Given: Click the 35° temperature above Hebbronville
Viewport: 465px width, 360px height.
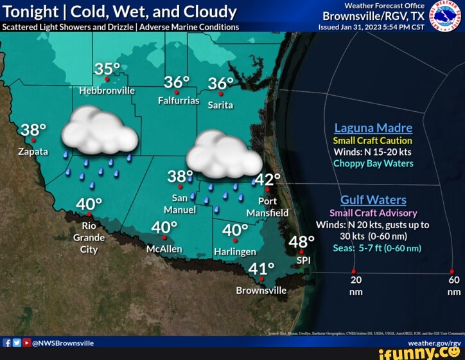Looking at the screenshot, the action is [107, 69].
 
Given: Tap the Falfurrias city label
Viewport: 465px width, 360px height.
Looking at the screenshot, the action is [179, 101].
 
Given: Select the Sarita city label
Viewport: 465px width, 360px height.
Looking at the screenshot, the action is [220, 104].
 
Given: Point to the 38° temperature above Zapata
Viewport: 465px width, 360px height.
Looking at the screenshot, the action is [33, 130].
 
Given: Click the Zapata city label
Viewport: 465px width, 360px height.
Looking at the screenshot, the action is [33, 152].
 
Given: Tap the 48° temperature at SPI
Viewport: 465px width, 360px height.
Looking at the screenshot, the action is [302, 242].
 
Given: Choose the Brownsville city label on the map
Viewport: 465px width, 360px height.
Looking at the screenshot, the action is [261, 290].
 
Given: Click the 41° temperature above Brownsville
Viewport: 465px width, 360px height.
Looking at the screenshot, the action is [262, 269].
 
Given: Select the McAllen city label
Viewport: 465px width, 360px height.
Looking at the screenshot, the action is [164, 249].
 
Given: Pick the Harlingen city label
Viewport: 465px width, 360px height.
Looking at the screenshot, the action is [235, 251].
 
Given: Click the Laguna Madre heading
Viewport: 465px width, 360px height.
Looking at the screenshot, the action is [373, 127].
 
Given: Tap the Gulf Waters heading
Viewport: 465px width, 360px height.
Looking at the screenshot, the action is [373, 200].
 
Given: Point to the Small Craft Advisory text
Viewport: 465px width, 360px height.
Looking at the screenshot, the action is [373, 213].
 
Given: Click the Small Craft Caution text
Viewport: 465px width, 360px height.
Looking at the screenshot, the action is [373, 140].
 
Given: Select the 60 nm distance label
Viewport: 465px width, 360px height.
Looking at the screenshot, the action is [454, 285].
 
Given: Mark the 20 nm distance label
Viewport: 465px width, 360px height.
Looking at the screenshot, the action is [356, 285].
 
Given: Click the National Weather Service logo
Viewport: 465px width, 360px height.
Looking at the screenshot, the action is [445, 15].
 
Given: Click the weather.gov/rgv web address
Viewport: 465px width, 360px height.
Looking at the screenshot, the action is [434, 343].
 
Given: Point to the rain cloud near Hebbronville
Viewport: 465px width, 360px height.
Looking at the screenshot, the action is [99, 131].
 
